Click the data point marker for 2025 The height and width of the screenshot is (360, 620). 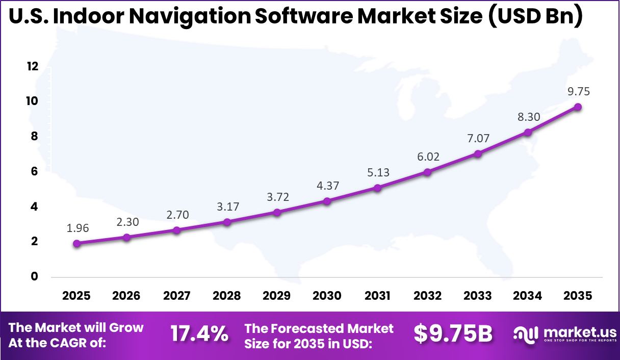76,244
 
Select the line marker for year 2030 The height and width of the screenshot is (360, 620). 327,201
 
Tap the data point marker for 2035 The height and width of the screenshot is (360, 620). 578,107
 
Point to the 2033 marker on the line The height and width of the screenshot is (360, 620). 478,154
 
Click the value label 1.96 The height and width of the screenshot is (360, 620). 77,228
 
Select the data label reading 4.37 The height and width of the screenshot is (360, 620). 328,186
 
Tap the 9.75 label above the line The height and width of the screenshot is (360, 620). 578,91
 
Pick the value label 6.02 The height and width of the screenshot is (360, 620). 428,157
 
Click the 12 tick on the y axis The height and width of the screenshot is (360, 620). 33,66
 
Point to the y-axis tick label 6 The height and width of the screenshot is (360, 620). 35,171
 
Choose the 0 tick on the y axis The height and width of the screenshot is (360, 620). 35,276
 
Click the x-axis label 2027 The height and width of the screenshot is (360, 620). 176,296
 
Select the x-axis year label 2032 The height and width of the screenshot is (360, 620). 427,296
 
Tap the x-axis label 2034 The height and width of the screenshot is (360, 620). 528,296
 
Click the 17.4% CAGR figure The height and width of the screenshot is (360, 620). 199,334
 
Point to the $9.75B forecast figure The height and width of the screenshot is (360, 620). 453,334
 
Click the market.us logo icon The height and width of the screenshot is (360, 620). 526,334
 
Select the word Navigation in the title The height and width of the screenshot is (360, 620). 195,16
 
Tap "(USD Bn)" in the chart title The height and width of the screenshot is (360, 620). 534,16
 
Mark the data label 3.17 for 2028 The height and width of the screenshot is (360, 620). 227,207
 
